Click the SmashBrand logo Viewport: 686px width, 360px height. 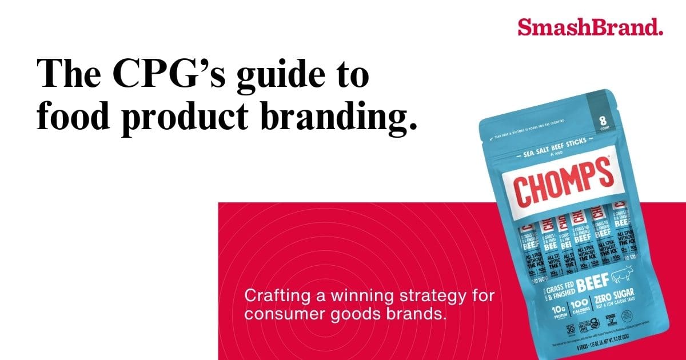tap(590, 26)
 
